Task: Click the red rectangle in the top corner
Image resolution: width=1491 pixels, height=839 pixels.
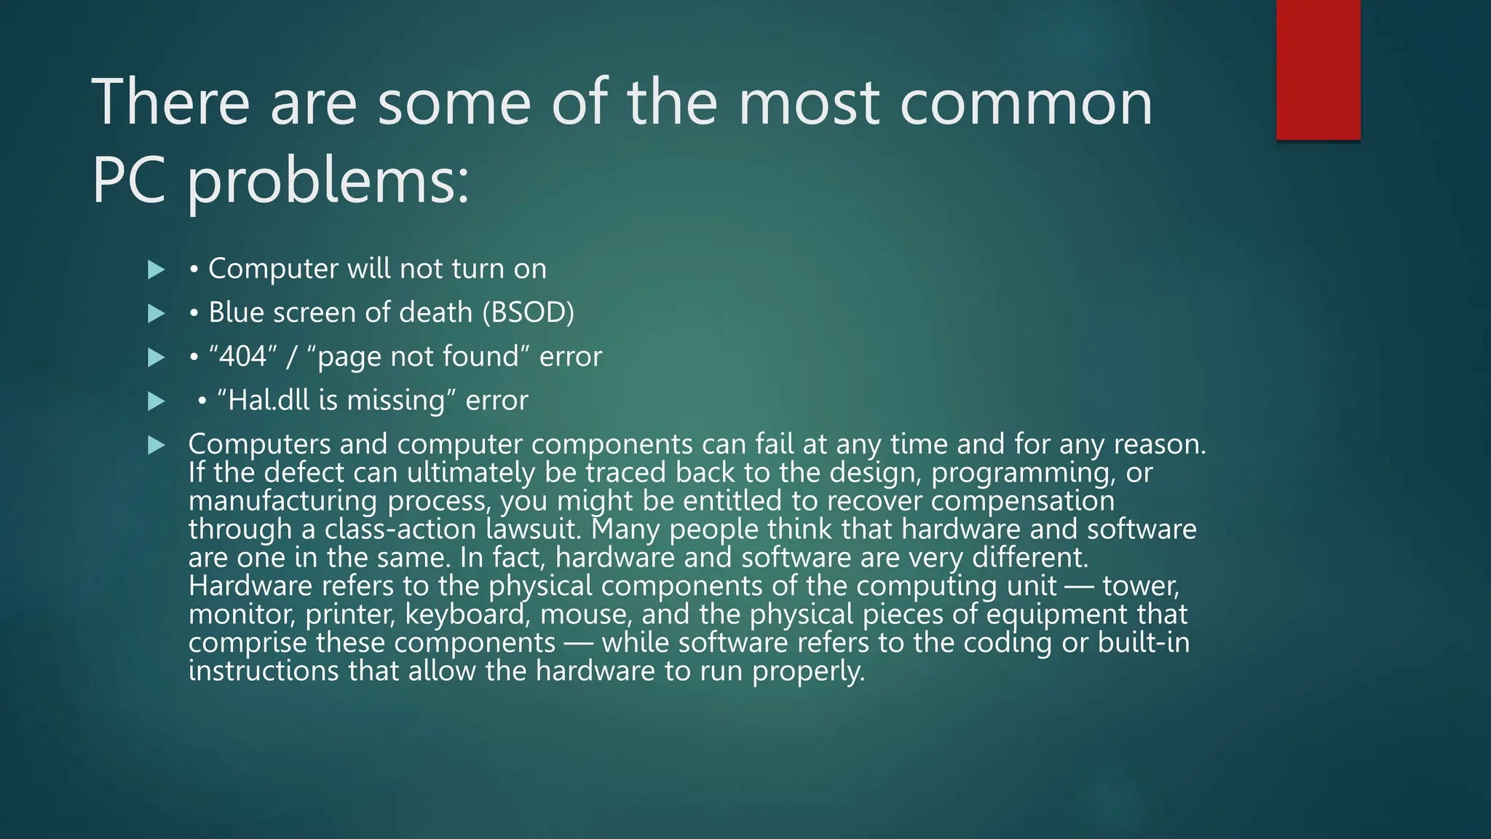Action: [1318, 70]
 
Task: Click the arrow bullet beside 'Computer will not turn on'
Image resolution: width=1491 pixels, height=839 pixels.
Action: [156, 270]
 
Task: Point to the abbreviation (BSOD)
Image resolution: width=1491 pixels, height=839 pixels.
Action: [528, 312]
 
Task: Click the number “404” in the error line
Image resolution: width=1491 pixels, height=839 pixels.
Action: [243, 356]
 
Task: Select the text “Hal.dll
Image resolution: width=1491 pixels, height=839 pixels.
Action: [263, 400]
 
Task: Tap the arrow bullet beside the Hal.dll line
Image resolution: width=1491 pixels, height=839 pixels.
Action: [156, 401]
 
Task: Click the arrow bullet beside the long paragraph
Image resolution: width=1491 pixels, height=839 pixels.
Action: [156, 445]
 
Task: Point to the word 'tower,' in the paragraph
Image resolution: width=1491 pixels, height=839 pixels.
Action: [1141, 586]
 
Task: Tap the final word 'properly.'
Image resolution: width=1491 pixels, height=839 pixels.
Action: [808, 671]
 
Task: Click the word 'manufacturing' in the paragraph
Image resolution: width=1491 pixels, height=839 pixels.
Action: [282, 500]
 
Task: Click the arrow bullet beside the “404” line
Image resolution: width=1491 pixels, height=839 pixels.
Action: [156, 358]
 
